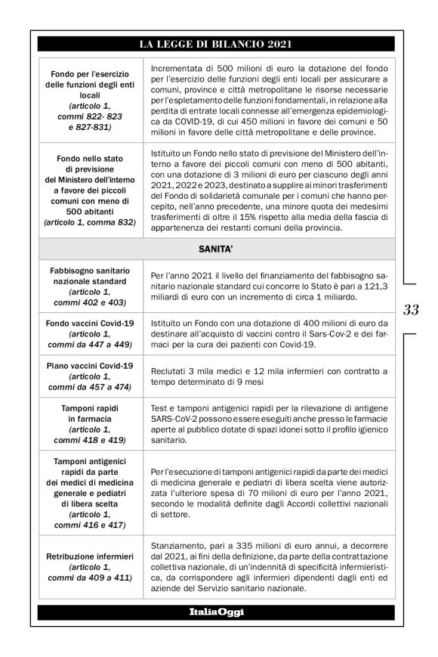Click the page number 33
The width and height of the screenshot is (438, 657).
click(x=411, y=308)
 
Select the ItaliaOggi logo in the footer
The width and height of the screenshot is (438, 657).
click(x=216, y=611)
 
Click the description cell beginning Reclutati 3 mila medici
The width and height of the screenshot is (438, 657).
click(x=269, y=377)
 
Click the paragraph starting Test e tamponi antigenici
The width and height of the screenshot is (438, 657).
click(x=269, y=426)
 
